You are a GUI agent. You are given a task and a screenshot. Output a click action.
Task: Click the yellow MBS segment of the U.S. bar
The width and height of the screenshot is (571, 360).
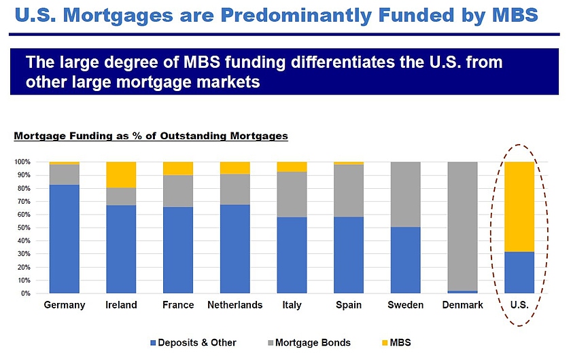tap(519, 206)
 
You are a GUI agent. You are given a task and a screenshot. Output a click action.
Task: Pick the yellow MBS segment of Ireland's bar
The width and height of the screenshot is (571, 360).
tap(121, 175)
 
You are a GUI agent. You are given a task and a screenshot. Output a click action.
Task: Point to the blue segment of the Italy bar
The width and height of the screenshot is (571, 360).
tap(292, 255)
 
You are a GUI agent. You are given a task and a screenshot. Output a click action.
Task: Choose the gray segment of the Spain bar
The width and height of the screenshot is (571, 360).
tap(348, 190)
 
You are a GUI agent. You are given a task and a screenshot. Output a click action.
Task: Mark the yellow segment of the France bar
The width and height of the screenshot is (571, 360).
tap(178, 168)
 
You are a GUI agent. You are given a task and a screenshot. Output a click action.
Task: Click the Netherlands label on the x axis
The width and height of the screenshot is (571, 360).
tap(235, 305)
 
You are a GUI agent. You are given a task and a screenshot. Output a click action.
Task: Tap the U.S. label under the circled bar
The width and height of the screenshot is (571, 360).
tap(519, 305)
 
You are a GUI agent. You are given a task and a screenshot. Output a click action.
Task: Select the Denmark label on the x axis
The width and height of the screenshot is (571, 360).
tap(462, 305)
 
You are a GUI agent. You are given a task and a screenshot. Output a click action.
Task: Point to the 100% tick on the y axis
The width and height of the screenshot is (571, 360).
tap(23, 162)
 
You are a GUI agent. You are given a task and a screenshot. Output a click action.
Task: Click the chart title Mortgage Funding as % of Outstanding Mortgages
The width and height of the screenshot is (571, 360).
tap(151, 136)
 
